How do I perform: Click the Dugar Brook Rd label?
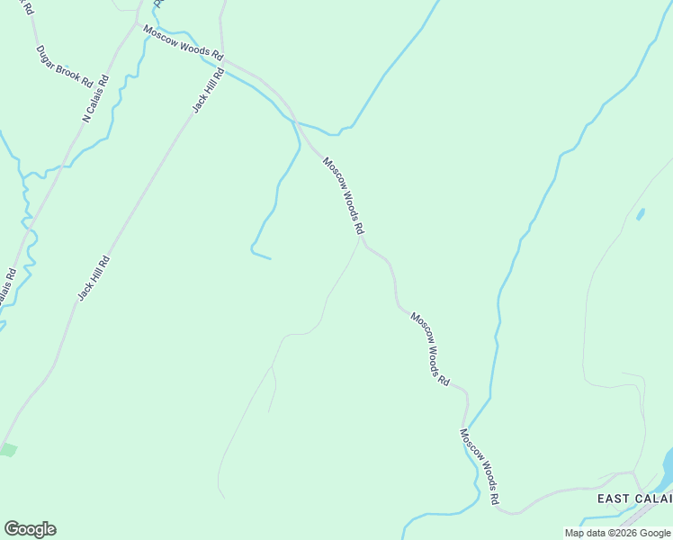[64, 66]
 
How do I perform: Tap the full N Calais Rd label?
[95, 98]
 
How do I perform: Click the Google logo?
[30, 529]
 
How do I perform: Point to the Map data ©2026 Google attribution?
[617, 533]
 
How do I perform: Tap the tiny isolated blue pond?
[640, 214]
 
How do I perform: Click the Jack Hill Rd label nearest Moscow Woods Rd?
[207, 91]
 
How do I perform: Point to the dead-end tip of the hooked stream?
[270, 259]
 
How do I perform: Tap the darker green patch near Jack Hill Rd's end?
[7, 449]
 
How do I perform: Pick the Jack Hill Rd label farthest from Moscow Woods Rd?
[94, 277]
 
